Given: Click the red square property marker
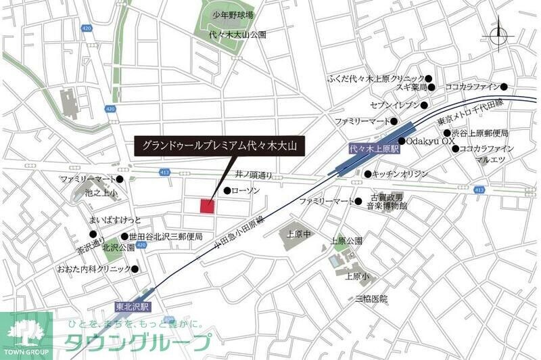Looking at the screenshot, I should [207, 206].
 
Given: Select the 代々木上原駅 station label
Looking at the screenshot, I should [374, 148].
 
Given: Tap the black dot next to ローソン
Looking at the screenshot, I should [227, 192].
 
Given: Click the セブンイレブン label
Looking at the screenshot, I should [394, 105].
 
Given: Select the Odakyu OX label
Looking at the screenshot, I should [431, 141].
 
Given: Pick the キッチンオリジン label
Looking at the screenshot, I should [400, 174].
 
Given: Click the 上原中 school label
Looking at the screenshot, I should [298, 234].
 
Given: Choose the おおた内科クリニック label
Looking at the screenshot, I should [94, 269].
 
